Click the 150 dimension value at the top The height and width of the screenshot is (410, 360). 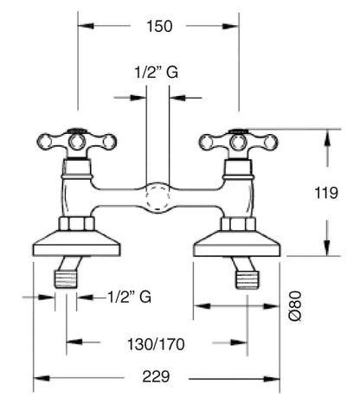pos(159,26)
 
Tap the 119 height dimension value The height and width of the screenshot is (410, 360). pos(326,193)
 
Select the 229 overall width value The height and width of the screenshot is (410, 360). pos(156,376)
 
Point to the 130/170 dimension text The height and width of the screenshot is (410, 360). pos(156,344)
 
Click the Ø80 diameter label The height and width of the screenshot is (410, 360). pos(295,306)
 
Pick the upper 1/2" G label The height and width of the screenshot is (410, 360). pos(157,72)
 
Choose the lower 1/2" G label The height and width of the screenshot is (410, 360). pos(130,297)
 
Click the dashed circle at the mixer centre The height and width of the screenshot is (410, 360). pos(157,198)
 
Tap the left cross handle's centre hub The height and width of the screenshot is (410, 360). pos(77,142)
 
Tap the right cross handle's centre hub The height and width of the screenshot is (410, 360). pos(238,142)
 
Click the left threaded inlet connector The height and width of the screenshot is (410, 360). pos(66,279)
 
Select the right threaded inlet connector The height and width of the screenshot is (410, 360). pos(247,279)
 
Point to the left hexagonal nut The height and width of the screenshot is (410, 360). pos(77,223)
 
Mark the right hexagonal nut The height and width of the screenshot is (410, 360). pos(238,224)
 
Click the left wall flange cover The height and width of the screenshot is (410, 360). pos(76,243)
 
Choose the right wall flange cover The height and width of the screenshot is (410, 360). pos(237,243)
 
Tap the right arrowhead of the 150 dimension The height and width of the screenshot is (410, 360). pos(230,26)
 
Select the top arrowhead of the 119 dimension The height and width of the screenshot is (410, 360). pos(327,138)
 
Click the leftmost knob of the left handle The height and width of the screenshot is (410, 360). pos(45,142)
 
